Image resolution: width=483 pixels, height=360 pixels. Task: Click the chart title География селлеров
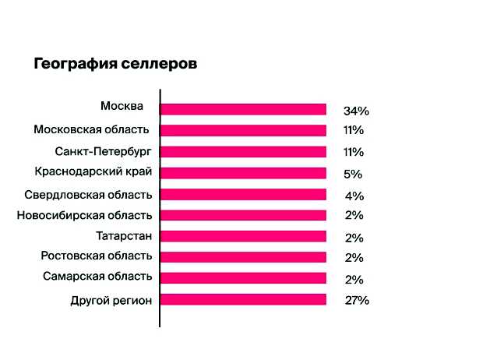click(115, 64)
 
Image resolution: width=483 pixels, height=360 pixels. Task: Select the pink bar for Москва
click(243, 109)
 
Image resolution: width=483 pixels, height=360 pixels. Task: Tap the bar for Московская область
click(243, 130)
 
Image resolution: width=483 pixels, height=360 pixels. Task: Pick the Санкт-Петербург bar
click(243, 151)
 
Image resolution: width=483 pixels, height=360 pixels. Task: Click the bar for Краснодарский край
click(243, 173)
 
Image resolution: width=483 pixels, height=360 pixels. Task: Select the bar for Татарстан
click(243, 236)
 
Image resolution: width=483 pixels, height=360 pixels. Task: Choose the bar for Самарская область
click(243, 278)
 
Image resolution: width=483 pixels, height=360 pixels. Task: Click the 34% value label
click(355, 110)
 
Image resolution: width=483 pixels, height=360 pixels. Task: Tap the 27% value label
click(356, 300)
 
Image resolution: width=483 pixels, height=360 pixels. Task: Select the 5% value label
click(353, 174)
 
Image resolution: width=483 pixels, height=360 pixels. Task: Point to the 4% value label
click(353, 196)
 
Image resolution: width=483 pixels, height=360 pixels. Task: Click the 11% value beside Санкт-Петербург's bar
click(353, 152)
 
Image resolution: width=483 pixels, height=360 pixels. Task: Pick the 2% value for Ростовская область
click(353, 258)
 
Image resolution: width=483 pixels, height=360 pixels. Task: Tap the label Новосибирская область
click(84, 215)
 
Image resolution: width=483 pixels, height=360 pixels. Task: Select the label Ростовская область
click(97, 256)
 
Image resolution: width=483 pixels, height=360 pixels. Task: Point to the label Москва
click(122, 105)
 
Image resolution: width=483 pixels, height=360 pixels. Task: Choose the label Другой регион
click(111, 299)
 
